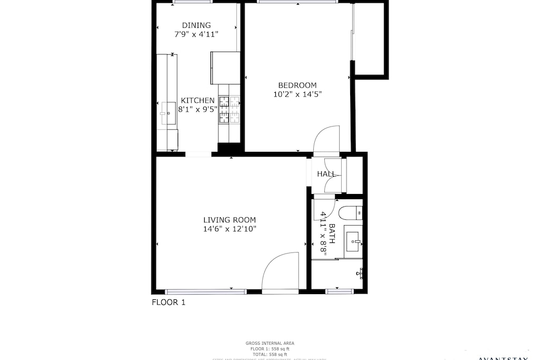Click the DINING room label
pos(196,25)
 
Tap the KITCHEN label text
pos(198,101)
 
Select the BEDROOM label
pos(297,85)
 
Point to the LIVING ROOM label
pos(230,220)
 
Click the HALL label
pos(326,174)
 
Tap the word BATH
pos(332,232)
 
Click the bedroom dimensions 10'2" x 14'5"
pos(297,95)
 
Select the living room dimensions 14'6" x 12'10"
pos(230,229)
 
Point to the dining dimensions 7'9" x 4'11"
pos(196,34)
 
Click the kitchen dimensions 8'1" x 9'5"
pos(198,110)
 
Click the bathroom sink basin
pos(353,242)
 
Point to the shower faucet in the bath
pos(361,273)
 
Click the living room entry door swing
pos(280,271)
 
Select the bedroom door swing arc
pos(326,138)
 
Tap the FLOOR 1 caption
pos(168,303)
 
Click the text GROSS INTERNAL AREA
pos(269,343)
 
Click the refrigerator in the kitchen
pos(225,67)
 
